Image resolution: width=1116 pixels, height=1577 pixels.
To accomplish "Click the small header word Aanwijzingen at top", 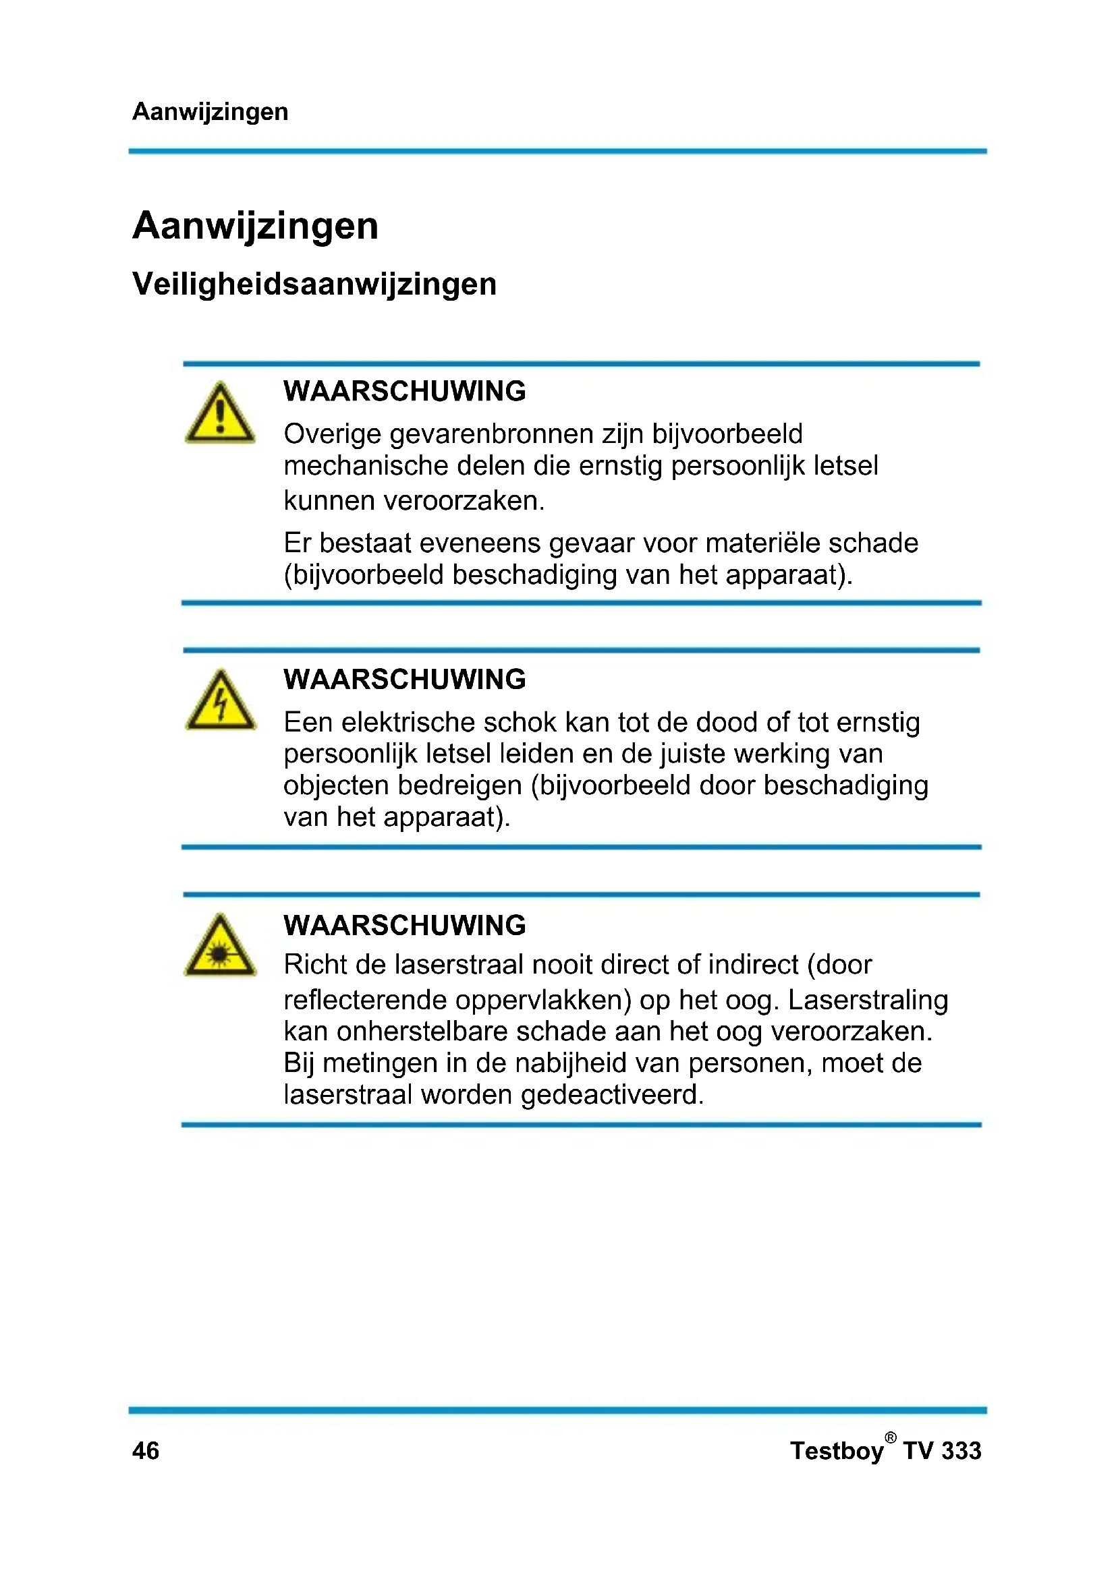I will (x=210, y=111).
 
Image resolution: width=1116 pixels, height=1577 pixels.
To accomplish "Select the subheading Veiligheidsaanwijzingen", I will (x=314, y=284).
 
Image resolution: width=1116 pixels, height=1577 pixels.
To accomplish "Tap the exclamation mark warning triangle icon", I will (x=220, y=414).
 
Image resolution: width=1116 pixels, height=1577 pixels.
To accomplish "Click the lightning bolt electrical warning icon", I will (x=221, y=701).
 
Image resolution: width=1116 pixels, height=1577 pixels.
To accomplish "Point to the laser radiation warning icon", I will (x=220, y=947).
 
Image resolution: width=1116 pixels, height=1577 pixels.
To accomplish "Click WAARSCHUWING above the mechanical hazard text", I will (x=404, y=392).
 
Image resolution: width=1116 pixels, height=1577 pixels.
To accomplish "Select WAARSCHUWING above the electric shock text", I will (x=404, y=680).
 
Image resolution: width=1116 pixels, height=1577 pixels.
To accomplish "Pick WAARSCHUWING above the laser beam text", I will (x=404, y=925).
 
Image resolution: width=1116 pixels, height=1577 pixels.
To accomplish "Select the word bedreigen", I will (x=459, y=785).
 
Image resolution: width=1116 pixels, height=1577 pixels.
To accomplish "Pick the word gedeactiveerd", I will (x=612, y=1095).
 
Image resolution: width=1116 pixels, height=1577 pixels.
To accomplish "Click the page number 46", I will (x=146, y=1451).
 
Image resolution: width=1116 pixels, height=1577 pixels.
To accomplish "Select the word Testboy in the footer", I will (x=836, y=1451).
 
